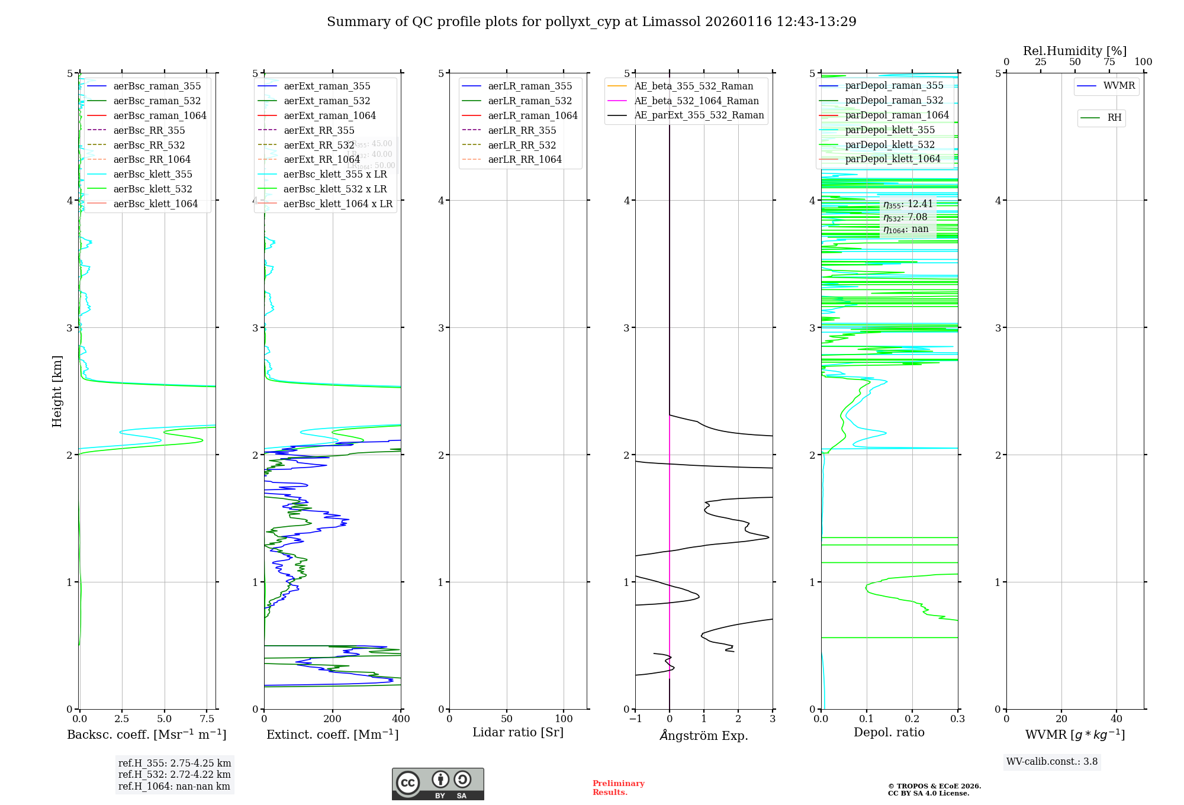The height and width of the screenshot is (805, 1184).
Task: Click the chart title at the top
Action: (x=591, y=22)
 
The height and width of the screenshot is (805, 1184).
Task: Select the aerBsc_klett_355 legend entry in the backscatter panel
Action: (x=153, y=174)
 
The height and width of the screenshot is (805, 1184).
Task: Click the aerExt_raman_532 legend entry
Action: (x=327, y=101)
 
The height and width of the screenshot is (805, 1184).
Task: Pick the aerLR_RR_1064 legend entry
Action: (x=525, y=159)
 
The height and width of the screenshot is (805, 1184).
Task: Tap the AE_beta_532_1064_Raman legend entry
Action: (x=696, y=101)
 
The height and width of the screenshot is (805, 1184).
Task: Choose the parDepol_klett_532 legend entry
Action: (x=890, y=144)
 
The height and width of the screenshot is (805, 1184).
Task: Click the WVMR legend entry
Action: (x=1119, y=86)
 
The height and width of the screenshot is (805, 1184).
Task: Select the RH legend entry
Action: (x=1114, y=118)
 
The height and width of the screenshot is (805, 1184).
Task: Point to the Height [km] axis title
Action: (x=57, y=391)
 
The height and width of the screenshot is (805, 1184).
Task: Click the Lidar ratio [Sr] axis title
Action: (x=518, y=732)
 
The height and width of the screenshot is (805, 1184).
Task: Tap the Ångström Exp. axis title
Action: (x=704, y=735)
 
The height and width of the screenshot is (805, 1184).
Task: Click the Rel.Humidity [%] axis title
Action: (x=1074, y=51)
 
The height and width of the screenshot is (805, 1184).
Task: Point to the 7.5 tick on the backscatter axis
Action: (x=207, y=719)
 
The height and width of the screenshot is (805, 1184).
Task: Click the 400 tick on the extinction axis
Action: (x=401, y=719)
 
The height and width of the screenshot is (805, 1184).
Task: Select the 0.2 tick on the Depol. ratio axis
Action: (x=912, y=719)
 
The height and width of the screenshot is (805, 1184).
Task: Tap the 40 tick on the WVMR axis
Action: (x=1117, y=719)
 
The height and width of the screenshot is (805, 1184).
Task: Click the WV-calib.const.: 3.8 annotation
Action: (x=1052, y=762)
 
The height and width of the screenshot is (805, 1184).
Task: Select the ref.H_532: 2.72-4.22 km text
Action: (x=174, y=774)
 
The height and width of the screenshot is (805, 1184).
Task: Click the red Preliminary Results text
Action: (x=618, y=788)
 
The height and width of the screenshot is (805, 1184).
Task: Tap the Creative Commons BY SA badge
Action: (x=437, y=784)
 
